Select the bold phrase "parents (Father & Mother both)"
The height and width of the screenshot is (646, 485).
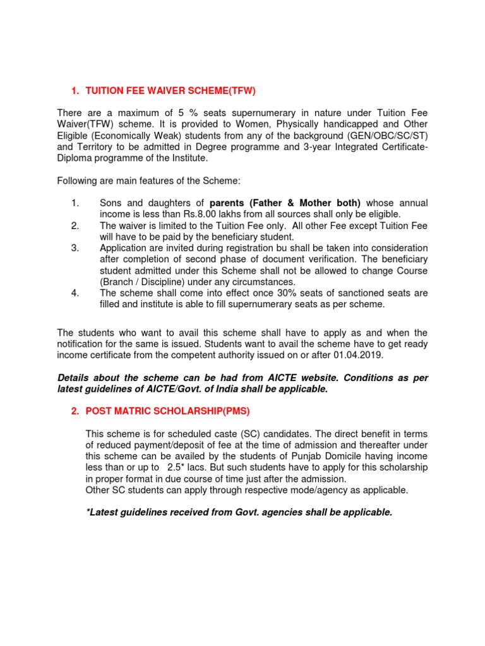pos(285,203)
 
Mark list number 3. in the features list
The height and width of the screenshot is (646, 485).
pos(75,248)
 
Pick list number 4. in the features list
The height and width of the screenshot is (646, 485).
pos(75,293)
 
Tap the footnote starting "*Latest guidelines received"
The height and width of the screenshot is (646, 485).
pos(239,512)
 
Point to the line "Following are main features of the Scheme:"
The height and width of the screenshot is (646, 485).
pos(149,181)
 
